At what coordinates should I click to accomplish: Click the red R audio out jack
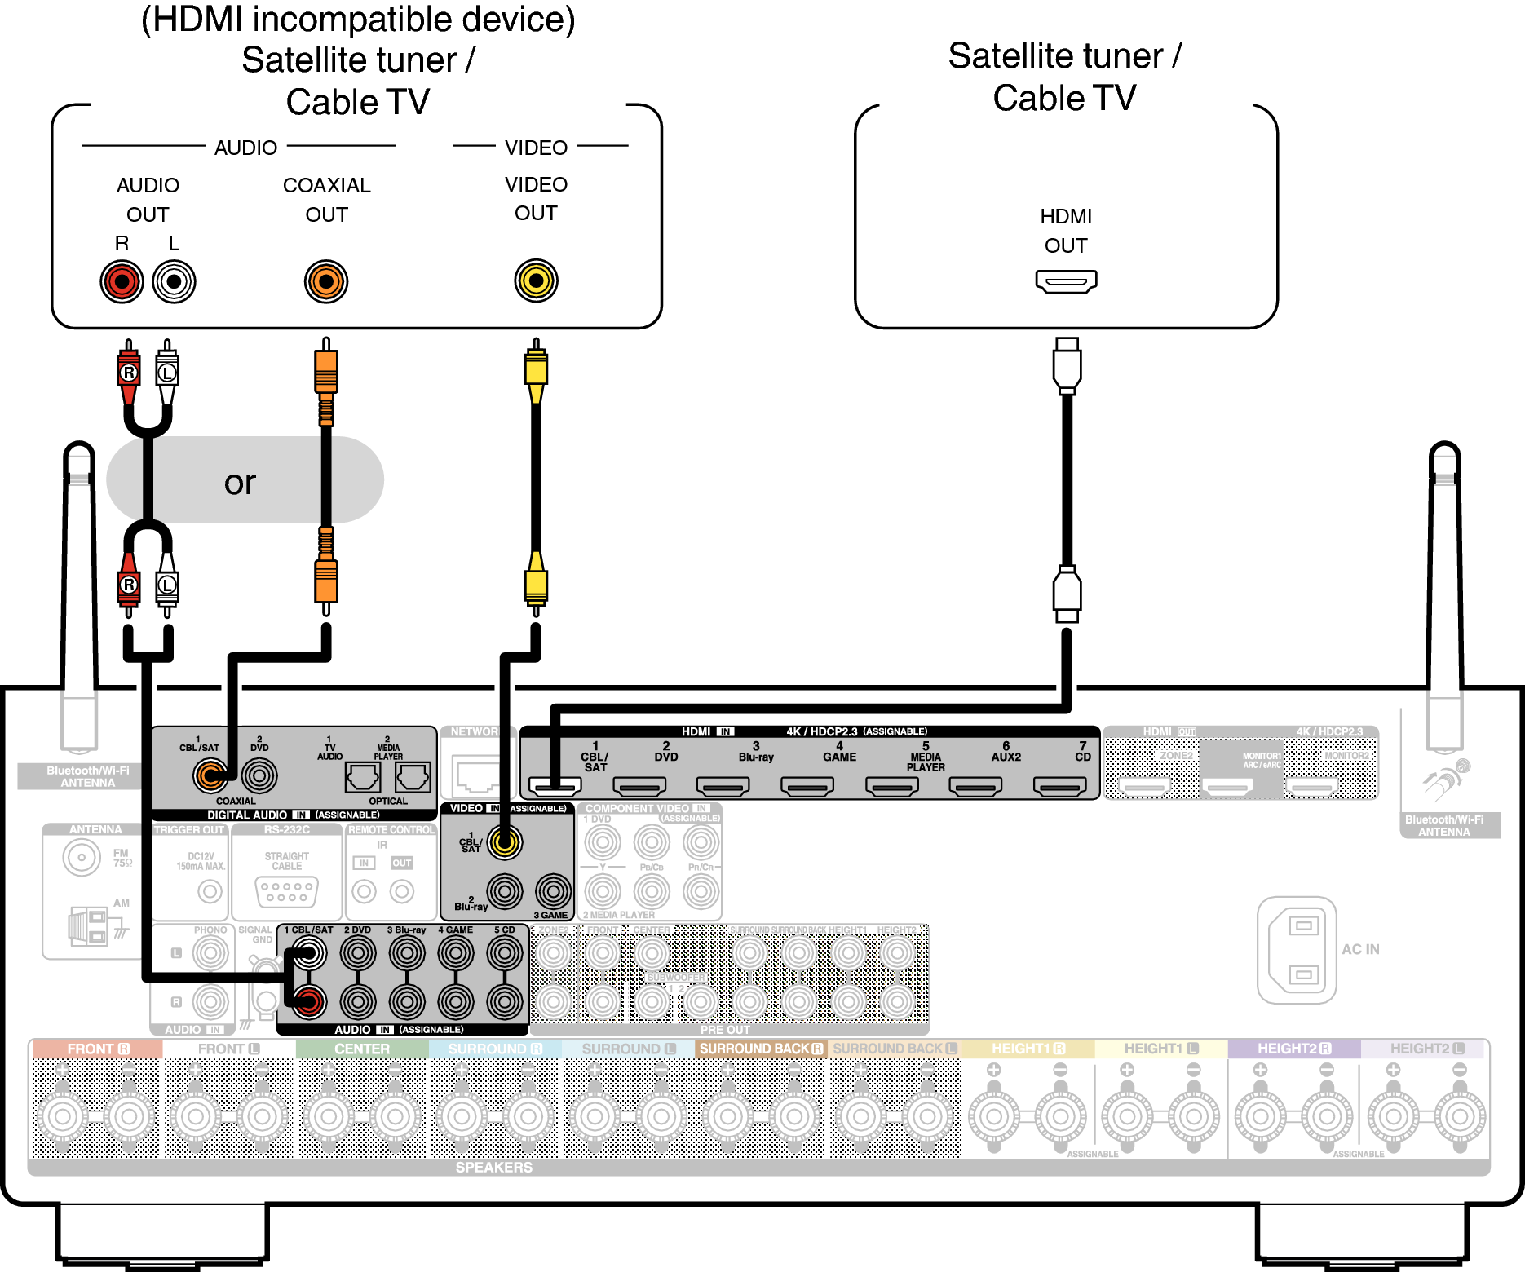tap(122, 282)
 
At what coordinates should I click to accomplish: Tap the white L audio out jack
tap(174, 282)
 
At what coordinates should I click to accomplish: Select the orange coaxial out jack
tap(326, 282)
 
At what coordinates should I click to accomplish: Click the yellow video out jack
tap(536, 280)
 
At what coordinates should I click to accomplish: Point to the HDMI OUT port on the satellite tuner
tap(1066, 282)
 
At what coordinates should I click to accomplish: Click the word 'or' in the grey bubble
tap(240, 483)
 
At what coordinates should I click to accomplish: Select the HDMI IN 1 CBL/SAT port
tap(555, 786)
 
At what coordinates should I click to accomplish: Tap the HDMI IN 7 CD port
tap(1059, 786)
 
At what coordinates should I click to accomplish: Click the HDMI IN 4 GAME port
tap(807, 786)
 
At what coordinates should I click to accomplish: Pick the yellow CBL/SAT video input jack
tap(505, 842)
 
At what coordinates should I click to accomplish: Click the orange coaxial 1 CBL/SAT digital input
tap(210, 775)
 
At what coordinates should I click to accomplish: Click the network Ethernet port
tap(477, 775)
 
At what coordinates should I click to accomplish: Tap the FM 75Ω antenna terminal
tap(82, 857)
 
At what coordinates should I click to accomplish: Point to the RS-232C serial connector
tap(286, 891)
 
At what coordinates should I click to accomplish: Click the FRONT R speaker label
tap(98, 1049)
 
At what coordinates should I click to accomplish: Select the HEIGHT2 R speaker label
tap(1293, 1049)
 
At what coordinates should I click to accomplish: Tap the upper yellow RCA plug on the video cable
tap(536, 369)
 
